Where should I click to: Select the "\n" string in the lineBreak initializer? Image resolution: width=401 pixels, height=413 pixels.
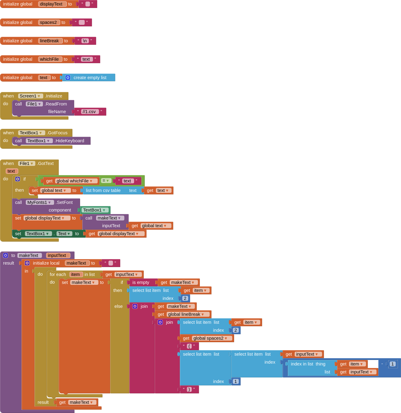(x=85, y=41)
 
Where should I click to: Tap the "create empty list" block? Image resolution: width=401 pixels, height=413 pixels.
(x=90, y=78)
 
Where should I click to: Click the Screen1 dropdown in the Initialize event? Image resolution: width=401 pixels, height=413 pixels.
(x=30, y=96)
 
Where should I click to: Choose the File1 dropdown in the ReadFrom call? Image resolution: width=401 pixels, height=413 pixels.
(x=34, y=104)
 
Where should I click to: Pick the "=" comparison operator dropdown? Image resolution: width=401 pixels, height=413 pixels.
(x=106, y=181)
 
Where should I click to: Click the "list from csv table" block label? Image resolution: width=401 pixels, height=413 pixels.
(x=103, y=190)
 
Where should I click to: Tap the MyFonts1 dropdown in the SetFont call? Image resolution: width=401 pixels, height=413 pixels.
(x=39, y=202)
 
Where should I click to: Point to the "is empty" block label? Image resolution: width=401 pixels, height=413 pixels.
(x=141, y=282)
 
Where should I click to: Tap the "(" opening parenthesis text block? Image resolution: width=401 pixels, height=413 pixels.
(x=189, y=346)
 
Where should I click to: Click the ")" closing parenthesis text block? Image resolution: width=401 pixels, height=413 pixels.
(x=189, y=389)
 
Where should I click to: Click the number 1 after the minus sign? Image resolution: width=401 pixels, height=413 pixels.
(x=392, y=364)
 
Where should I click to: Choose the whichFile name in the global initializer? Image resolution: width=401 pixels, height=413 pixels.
(x=49, y=59)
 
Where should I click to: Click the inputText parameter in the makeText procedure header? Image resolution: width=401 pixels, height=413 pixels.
(x=57, y=255)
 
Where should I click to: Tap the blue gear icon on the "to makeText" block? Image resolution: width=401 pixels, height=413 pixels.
(x=6, y=255)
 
